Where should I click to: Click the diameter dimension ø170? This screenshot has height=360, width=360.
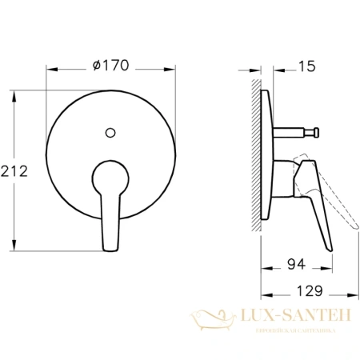click(x=111, y=66)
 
